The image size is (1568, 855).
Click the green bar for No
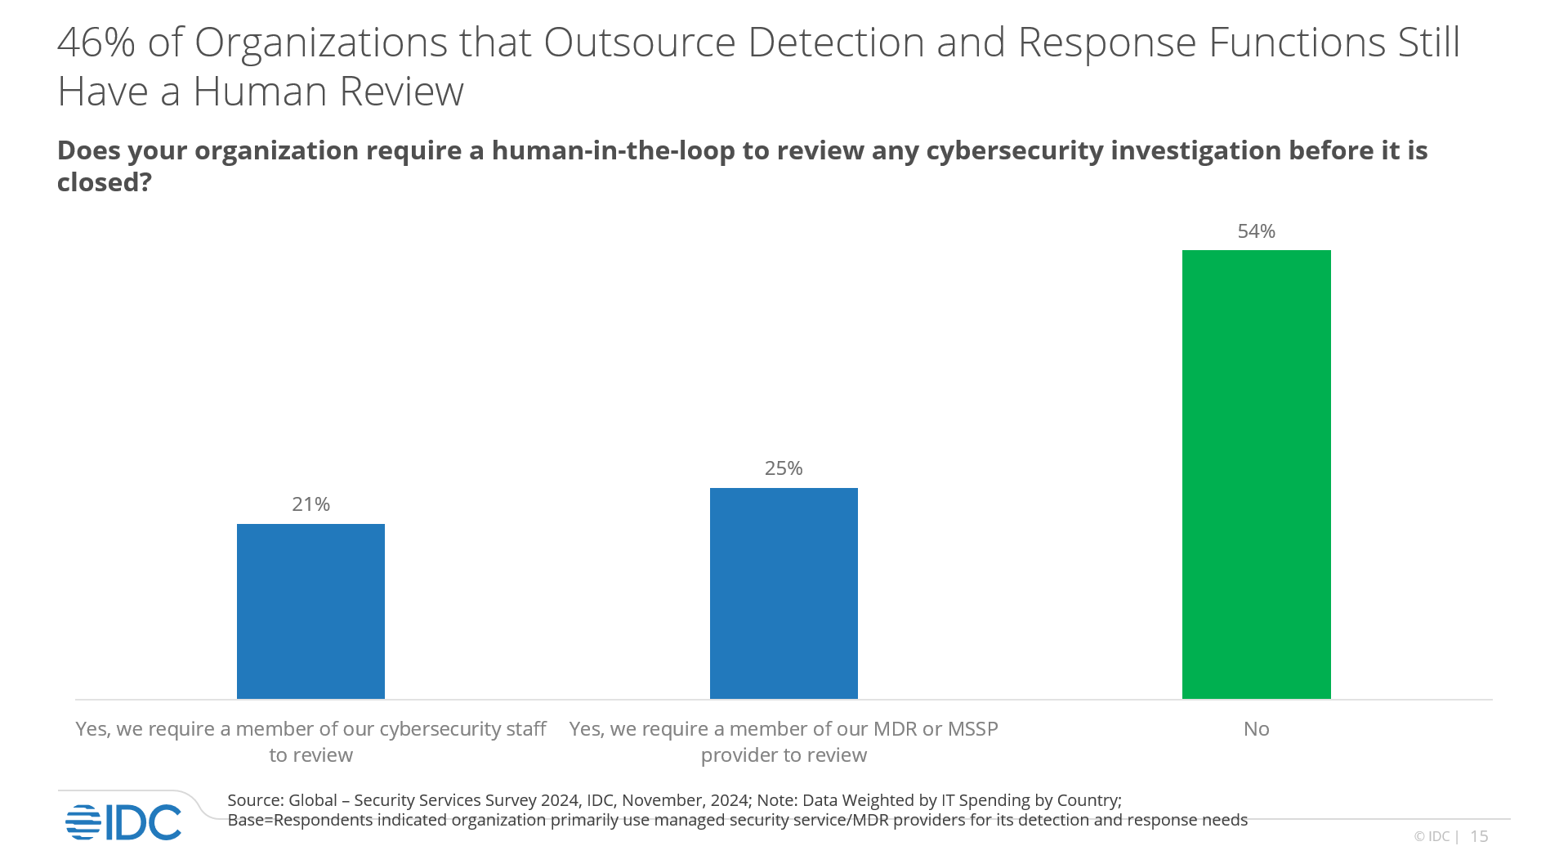1256,474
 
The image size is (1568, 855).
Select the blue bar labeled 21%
310,611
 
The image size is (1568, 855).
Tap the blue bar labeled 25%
784,593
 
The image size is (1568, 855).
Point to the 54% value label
1256,231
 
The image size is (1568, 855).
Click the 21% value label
310,504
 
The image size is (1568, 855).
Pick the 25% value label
784,468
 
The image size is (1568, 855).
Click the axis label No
1256,729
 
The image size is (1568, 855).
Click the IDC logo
124,822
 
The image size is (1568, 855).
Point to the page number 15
1479,836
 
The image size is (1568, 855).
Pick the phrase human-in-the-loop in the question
613,150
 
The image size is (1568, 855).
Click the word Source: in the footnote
255,800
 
